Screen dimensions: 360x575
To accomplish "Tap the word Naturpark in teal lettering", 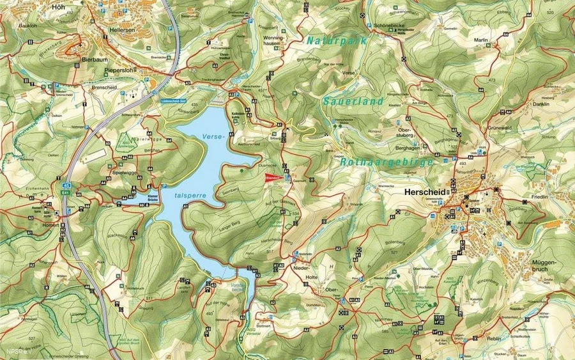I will [x=336, y=40].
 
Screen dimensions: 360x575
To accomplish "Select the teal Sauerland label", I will [x=353, y=101].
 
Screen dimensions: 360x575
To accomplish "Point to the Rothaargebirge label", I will [x=388, y=162].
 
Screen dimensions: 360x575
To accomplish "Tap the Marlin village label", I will [x=481, y=40].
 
